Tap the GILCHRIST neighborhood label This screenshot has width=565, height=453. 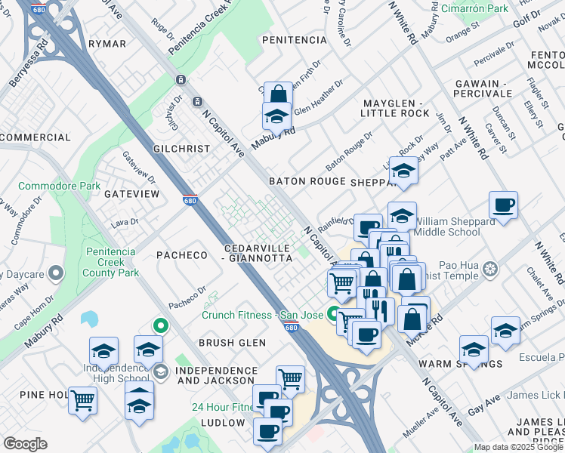point(181,149)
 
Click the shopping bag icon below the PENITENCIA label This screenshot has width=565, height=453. point(278,94)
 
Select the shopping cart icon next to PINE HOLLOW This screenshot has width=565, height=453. point(82,399)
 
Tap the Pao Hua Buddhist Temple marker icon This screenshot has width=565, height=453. point(490,270)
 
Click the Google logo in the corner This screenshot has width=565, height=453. point(25,444)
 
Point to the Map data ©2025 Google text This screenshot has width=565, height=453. point(519,447)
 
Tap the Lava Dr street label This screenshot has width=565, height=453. point(124,222)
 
